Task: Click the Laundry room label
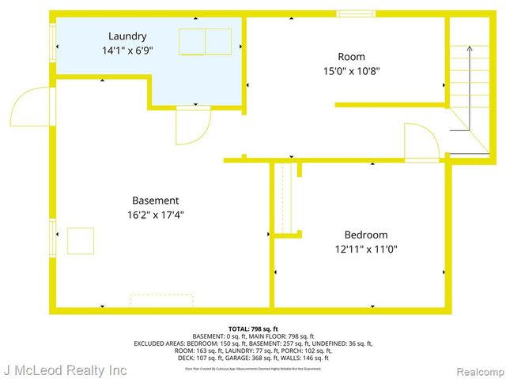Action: tap(127, 36)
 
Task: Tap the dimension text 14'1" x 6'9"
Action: tap(127, 50)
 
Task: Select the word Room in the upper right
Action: tap(351, 57)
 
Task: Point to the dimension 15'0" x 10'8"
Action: tap(351, 70)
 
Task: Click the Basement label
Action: tap(155, 201)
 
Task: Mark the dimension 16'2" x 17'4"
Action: tap(155, 214)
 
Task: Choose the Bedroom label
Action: tap(365, 235)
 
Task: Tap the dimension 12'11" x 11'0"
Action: tap(365, 249)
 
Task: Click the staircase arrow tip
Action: tap(468, 47)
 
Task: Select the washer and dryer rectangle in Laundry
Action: tap(205, 41)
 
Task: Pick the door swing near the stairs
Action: tap(421, 142)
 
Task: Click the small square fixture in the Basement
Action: tap(81, 240)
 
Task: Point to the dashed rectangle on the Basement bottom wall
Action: tap(161, 301)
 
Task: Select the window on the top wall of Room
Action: tap(350, 13)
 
